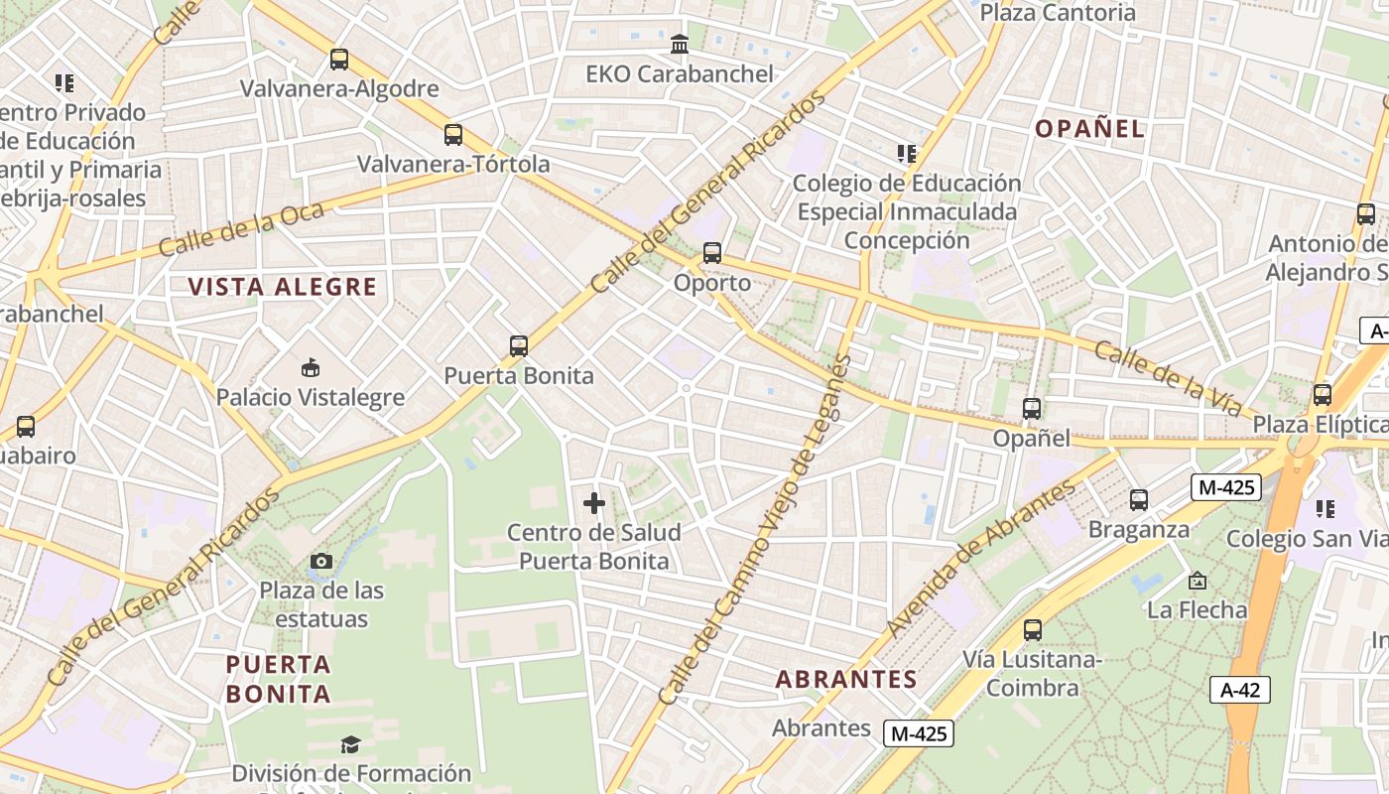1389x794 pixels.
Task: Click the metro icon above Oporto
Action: pyautogui.click(x=712, y=253)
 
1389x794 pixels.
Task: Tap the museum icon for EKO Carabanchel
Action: pyautogui.click(x=680, y=45)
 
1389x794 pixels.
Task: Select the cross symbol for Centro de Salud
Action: pyautogui.click(x=594, y=503)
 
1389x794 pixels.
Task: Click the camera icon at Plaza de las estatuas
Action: pyautogui.click(x=320, y=562)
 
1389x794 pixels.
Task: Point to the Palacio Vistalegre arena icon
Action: pyautogui.click(x=311, y=368)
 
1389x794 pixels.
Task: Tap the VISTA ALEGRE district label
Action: pyautogui.click(x=283, y=288)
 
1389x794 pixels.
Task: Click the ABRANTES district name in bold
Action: pyautogui.click(x=846, y=680)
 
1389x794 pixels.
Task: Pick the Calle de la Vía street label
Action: pyautogui.click(x=1169, y=378)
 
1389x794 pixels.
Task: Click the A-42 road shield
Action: pyautogui.click(x=1240, y=690)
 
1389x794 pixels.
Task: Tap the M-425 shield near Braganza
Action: pyautogui.click(x=1226, y=487)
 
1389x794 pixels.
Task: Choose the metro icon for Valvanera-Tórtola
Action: pyautogui.click(x=453, y=135)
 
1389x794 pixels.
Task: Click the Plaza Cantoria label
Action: pyautogui.click(x=1058, y=13)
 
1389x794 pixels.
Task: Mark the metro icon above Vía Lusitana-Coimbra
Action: pyautogui.click(x=1033, y=630)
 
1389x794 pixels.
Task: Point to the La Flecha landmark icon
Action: pyautogui.click(x=1198, y=581)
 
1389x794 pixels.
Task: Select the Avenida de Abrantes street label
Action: pyautogui.click(x=981, y=559)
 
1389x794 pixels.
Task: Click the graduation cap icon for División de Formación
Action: pyautogui.click(x=350, y=744)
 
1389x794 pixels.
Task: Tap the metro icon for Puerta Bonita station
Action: pyautogui.click(x=519, y=346)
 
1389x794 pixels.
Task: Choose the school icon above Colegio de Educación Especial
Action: pyautogui.click(x=906, y=154)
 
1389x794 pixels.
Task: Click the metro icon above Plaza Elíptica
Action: pyautogui.click(x=1322, y=395)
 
